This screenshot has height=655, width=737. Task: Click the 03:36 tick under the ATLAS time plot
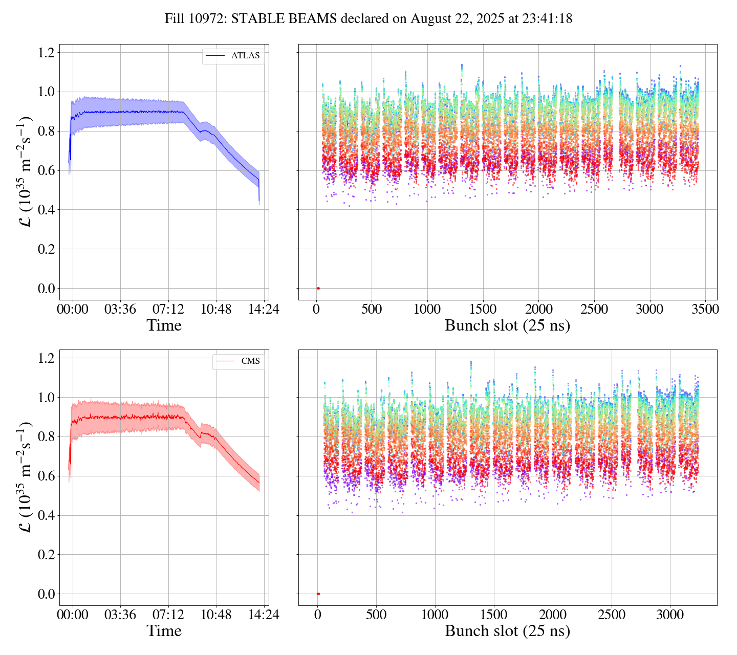(x=120, y=310)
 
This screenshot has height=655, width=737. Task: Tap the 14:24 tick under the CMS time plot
(x=263, y=615)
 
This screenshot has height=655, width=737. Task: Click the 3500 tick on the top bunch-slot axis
(x=705, y=310)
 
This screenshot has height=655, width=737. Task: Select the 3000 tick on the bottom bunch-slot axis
(x=670, y=615)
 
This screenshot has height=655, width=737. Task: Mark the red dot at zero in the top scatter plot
(x=318, y=289)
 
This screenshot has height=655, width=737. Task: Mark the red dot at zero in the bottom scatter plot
(x=318, y=594)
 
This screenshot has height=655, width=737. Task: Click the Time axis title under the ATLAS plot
(x=164, y=325)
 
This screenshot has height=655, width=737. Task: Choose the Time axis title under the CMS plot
(x=164, y=631)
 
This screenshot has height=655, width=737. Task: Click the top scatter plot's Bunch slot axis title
(x=507, y=325)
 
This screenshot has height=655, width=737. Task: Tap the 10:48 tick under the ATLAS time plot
(x=215, y=310)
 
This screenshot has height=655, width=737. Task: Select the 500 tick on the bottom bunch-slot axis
(x=376, y=615)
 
